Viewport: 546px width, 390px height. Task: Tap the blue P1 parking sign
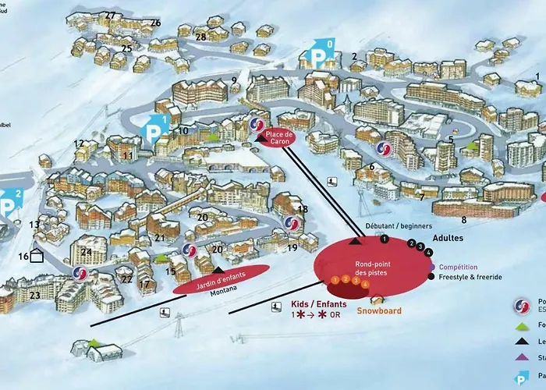155,129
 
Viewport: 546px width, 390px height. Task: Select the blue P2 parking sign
9,204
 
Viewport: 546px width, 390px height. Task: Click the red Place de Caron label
278,137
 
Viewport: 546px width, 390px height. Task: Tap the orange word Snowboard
379,310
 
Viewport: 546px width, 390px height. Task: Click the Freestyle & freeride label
470,277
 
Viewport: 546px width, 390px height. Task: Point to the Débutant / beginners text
393,225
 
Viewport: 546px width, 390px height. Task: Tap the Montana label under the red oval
222,292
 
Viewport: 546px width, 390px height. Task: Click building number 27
110,16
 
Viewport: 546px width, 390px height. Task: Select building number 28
201,37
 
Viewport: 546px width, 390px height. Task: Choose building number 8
464,220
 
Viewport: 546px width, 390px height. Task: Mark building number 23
34,296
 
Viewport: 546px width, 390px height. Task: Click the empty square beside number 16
37,257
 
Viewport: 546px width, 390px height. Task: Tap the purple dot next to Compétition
431,266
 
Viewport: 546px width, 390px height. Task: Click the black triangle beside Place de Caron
260,138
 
